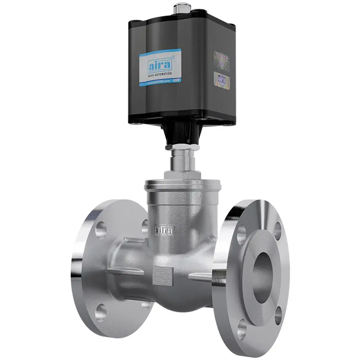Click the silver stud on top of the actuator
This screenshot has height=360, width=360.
point(181,8)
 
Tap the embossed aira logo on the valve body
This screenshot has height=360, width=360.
point(164,230)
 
